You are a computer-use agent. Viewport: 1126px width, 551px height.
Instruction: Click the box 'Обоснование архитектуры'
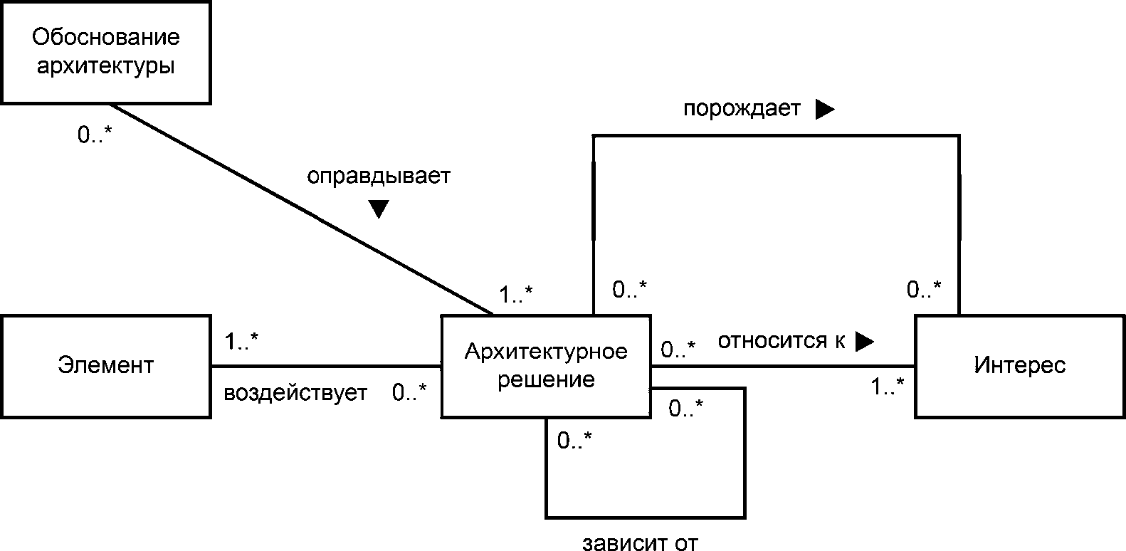(106, 52)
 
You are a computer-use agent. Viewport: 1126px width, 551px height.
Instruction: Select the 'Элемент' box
(106, 366)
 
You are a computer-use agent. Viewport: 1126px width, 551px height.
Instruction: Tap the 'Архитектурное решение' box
(546, 366)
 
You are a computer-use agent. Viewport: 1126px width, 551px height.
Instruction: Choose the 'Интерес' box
(1019, 366)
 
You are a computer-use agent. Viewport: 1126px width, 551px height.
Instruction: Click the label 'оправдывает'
(379, 177)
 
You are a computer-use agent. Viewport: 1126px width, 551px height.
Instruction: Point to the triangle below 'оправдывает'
(378, 209)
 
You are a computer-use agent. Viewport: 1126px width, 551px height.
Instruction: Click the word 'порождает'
(742, 109)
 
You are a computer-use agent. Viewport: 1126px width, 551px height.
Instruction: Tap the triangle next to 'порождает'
(824, 109)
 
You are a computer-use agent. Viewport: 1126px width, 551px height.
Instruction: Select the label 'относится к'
(781, 342)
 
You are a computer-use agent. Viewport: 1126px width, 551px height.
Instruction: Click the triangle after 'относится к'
(863, 342)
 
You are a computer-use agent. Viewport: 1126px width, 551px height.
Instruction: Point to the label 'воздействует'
(295, 393)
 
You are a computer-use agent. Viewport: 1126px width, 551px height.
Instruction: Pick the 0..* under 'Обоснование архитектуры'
(95, 135)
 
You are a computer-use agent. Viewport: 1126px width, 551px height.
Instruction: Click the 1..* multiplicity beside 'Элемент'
(241, 342)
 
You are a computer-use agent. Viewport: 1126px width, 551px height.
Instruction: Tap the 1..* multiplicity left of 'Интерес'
(888, 387)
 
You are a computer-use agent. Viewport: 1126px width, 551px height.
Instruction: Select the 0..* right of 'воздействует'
(410, 392)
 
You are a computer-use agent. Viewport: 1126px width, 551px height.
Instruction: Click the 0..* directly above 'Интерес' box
(924, 289)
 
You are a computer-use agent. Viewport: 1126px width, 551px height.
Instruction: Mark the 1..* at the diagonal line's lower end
(516, 294)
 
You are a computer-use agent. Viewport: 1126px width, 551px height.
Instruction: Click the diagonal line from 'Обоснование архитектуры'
(299, 209)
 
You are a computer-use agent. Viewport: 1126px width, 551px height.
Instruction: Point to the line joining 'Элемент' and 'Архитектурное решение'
(326, 367)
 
